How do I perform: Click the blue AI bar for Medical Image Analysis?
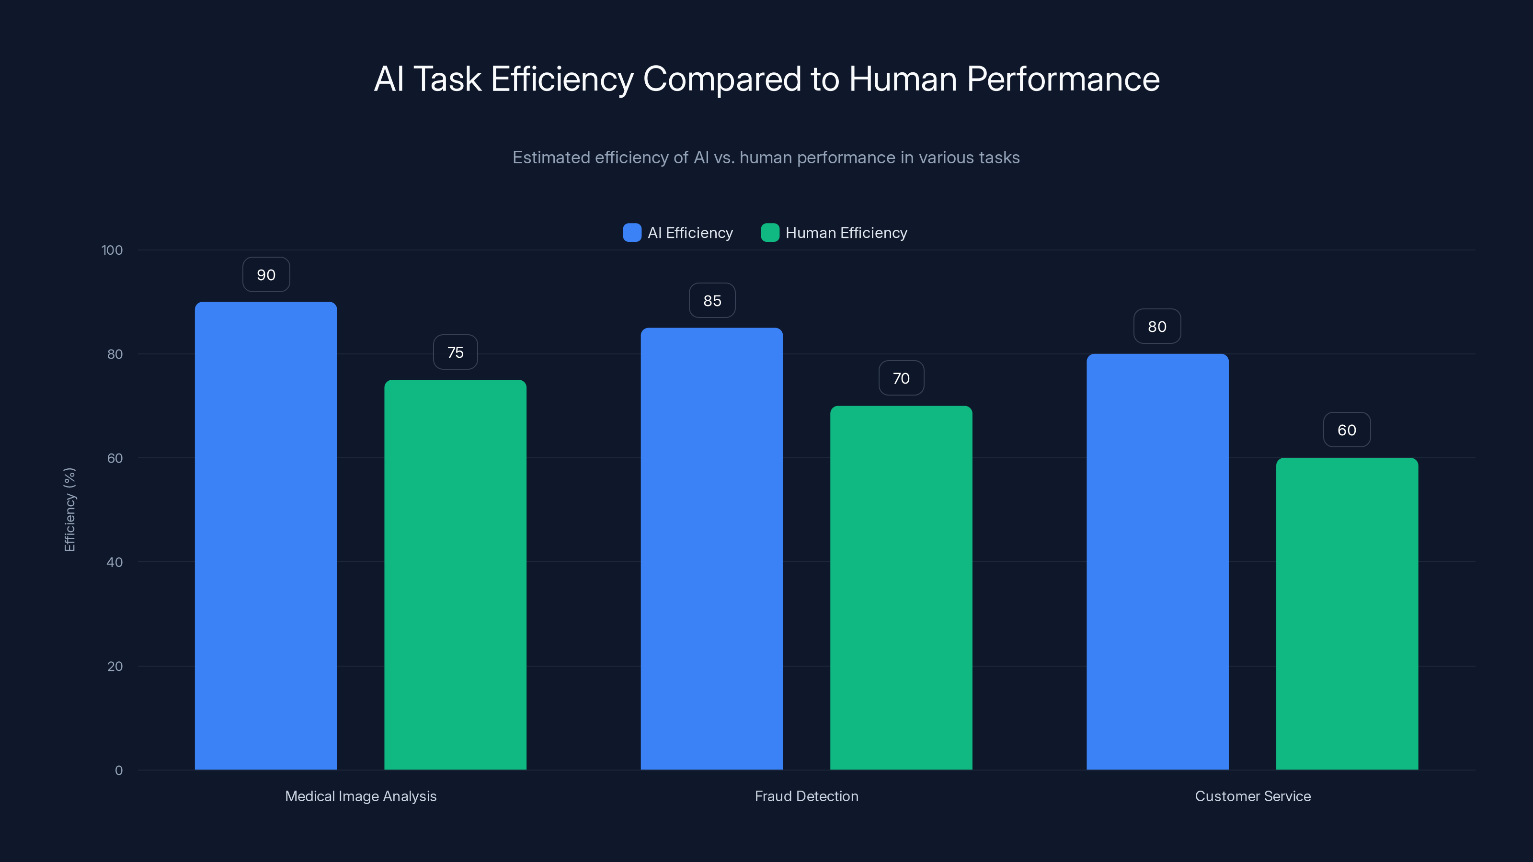click(265, 535)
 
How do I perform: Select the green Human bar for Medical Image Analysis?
click(455, 574)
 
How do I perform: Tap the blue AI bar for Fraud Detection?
click(712, 548)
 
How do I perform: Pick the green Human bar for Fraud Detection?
click(901, 587)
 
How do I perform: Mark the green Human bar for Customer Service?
click(1347, 613)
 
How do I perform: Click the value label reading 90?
click(266, 275)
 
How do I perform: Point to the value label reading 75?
click(455, 352)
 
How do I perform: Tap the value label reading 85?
click(712, 300)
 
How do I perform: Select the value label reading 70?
click(901, 378)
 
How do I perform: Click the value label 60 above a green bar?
click(1347, 430)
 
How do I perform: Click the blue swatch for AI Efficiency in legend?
click(632, 233)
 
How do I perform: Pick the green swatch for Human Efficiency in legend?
click(770, 233)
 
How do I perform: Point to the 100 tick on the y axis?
click(112, 250)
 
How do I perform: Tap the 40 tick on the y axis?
click(114, 562)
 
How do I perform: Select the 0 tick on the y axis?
click(118, 771)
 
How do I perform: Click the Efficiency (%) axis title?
click(69, 510)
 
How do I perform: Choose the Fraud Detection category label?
click(806, 796)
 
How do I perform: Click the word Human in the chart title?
click(903, 79)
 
